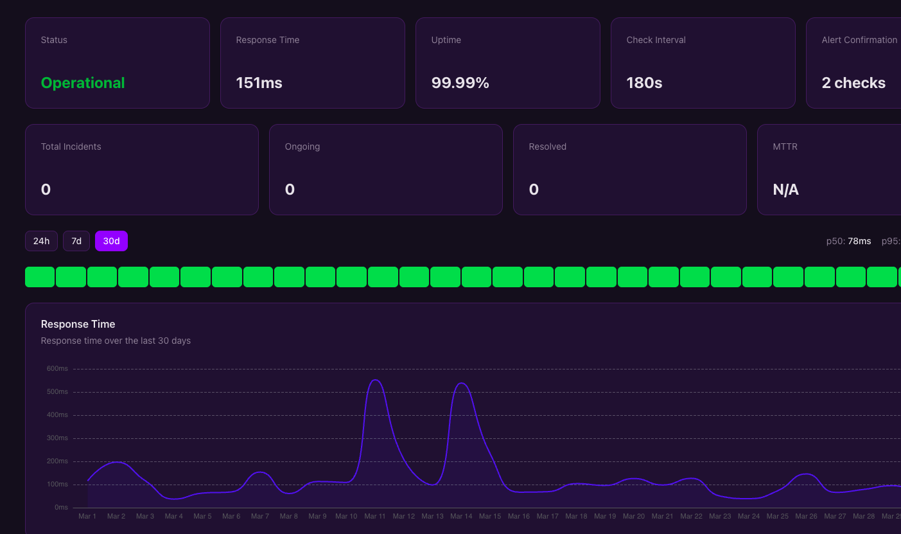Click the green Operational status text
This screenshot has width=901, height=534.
(x=83, y=83)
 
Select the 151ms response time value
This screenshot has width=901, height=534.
(x=259, y=83)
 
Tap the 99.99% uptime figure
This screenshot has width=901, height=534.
(x=460, y=83)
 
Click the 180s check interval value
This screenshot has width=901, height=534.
(x=644, y=83)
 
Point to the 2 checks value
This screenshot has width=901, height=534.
(x=853, y=83)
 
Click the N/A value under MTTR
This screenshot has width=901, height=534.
(x=785, y=190)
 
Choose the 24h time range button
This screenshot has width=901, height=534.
(x=41, y=241)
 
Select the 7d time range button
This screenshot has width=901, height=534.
(x=76, y=241)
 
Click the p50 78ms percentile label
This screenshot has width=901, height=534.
(x=848, y=241)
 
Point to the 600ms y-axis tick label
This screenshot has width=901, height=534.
(x=57, y=368)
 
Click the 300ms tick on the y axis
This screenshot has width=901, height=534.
(x=57, y=438)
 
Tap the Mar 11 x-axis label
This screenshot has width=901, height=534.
(x=375, y=516)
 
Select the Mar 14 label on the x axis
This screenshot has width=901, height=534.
(x=461, y=516)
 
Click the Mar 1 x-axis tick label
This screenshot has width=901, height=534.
(x=87, y=516)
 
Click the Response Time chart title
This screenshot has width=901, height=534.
(x=78, y=324)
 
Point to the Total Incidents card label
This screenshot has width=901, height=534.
(x=71, y=147)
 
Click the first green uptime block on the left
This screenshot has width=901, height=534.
(x=40, y=277)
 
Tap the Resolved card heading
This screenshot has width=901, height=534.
(x=547, y=147)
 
